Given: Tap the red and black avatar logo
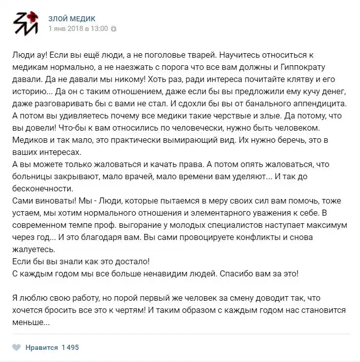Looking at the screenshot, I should tap(25, 23).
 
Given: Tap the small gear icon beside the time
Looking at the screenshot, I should tap(114, 29).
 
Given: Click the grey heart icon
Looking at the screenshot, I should tap(16, 347).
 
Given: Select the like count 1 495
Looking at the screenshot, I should tap(70, 347).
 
